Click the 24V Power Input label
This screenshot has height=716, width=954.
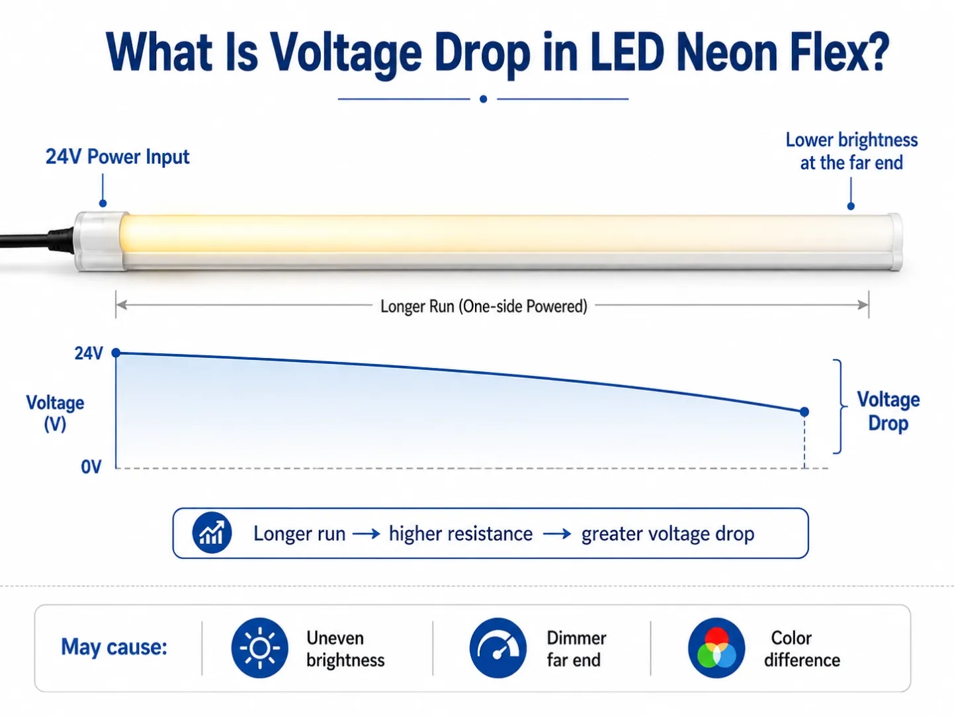[117, 157]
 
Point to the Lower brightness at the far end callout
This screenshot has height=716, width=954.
[851, 152]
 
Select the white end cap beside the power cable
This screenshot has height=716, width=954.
[101, 242]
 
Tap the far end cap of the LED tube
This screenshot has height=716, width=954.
[894, 242]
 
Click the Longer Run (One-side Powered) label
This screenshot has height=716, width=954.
[484, 306]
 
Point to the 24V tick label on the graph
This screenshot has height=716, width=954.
[89, 353]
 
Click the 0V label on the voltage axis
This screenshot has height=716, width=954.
[91, 467]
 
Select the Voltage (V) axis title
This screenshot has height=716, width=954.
[55, 413]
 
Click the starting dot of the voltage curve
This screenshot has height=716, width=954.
[116, 353]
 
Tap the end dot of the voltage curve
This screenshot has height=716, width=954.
[804, 411]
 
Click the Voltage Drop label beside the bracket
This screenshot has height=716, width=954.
[888, 411]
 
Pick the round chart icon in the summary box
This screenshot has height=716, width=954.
[212, 533]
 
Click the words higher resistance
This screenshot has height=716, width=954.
[460, 533]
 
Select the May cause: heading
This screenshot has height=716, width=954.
[114, 647]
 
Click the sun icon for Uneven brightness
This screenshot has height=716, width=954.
[259, 648]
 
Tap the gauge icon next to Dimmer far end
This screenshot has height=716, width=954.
[498, 648]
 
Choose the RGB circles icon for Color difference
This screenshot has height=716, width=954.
[716, 648]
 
